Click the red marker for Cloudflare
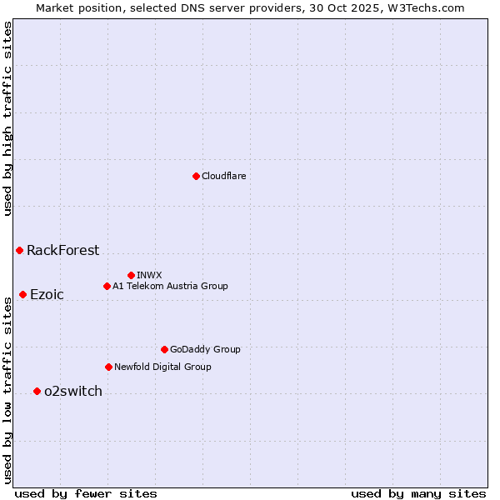196,176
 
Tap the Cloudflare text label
224,176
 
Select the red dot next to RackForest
19,250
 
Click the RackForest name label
62,250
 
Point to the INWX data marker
131,275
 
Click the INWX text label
149,275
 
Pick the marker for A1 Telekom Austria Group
107,286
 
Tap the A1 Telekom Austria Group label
170,286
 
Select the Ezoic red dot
22,294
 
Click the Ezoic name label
47,294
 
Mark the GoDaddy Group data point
164,349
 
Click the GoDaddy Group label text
205,349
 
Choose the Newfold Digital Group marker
108,367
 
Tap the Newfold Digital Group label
162,367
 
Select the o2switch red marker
37,391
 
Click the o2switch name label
73,391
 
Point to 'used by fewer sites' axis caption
86,493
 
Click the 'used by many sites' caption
418,493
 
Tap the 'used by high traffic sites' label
7,118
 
